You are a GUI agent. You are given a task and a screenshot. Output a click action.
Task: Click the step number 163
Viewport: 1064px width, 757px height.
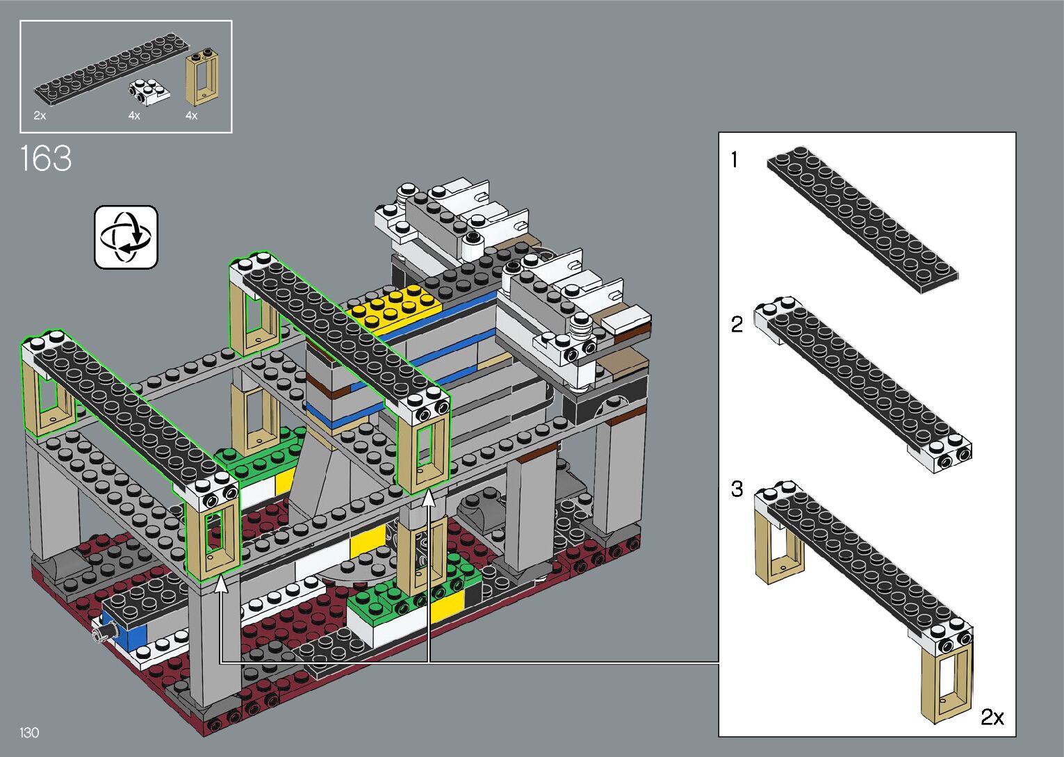[46, 158]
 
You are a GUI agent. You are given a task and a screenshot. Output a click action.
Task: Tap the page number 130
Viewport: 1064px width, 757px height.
[29, 733]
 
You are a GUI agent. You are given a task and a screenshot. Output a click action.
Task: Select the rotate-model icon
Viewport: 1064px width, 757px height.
[126, 237]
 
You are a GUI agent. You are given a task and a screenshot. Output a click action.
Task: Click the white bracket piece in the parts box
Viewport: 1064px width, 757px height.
[149, 92]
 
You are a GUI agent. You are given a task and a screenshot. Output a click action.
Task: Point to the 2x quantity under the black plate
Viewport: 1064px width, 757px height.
[40, 115]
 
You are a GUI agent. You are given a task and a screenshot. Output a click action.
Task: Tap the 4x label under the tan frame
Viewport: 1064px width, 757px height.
[191, 115]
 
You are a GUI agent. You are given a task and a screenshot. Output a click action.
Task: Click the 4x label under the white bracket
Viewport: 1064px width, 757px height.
[134, 115]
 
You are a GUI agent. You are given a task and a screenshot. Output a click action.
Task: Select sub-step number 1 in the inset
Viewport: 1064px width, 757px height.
[735, 160]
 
